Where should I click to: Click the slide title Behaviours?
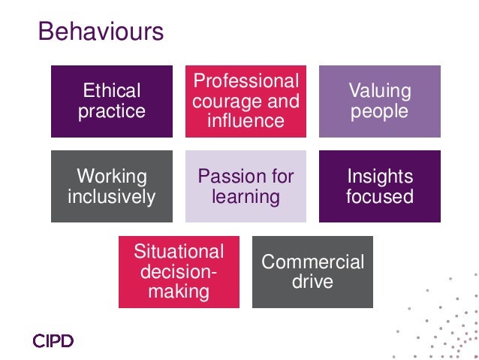coord(101,32)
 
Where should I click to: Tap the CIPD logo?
coord(53,342)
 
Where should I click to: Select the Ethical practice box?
coord(112,101)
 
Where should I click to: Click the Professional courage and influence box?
coord(246,101)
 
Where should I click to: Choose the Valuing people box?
coord(379,101)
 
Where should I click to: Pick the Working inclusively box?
coord(112,186)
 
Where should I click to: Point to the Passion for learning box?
coord(246,186)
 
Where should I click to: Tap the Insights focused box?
coord(379,186)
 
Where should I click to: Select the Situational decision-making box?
coord(179,271)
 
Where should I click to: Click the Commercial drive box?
coord(312,271)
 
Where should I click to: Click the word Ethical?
coord(112,92)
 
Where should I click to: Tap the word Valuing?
coord(380,92)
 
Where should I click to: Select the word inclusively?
coord(112,197)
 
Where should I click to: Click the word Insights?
coord(380,177)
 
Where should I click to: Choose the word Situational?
coord(179,252)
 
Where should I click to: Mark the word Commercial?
coord(312,262)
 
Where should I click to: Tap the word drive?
coord(312,283)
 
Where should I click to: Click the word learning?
coord(246,197)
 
